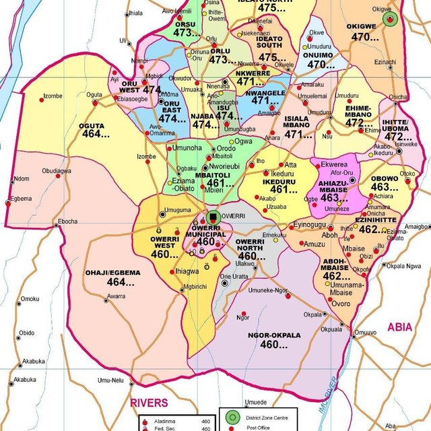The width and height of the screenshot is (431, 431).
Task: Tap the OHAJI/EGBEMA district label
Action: (112, 273)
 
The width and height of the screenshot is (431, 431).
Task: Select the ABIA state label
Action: (399, 327)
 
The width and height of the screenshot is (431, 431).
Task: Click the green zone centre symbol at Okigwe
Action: (390, 20)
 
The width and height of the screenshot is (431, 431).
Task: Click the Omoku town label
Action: (30, 299)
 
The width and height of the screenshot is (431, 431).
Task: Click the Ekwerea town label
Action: (334, 164)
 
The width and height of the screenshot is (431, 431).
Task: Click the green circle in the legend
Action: (232, 418)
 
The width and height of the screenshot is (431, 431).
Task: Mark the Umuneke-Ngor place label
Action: (268, 290)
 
